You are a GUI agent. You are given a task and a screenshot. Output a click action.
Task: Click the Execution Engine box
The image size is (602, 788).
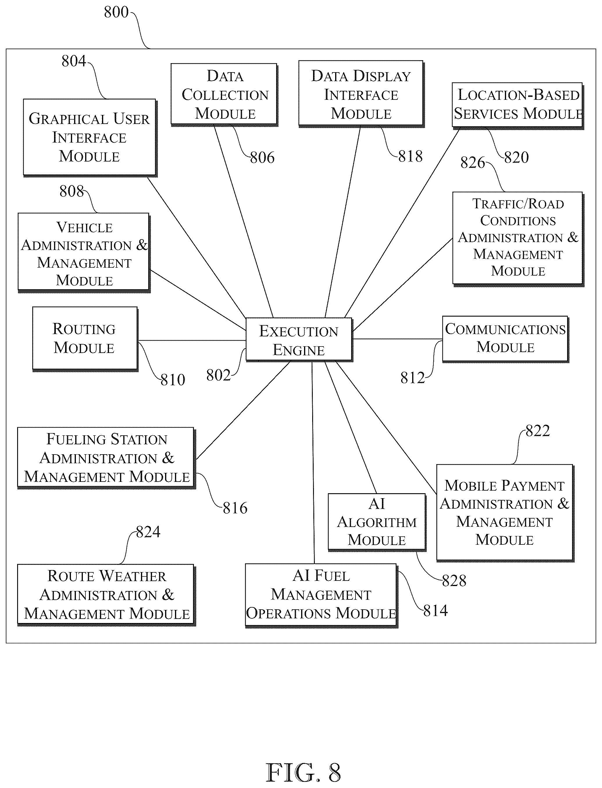click(x=299, y=339)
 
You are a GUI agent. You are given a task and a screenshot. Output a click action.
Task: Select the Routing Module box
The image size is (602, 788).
click(x=85, y=339)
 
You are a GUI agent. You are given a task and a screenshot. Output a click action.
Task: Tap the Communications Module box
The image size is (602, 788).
click(x=505, y=339)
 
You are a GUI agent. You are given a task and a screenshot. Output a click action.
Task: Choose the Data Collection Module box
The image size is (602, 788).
click(x=224, y=95)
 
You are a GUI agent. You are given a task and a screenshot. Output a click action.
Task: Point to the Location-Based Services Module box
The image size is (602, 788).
click(x=518, y=105)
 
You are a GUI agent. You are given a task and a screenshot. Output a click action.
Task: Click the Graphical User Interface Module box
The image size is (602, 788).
click(x=90, y=138)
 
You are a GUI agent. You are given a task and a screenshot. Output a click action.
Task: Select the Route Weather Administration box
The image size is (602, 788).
click(x=106, y=595)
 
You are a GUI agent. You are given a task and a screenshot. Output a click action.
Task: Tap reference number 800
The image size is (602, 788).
click(x=116, y=12)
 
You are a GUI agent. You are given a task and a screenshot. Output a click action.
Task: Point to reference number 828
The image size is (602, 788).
click(x=454, y=581)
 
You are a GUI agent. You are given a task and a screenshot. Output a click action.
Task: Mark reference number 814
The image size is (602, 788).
click(x=435, y=611)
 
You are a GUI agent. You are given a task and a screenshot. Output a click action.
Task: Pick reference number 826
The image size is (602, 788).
click(x=473, y=162)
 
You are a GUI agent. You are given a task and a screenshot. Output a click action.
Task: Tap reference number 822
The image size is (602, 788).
click(x=537, y=431)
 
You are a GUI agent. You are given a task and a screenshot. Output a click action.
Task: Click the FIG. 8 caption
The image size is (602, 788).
click(x=303, y=773)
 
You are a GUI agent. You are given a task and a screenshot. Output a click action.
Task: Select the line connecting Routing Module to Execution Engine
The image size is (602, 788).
click(x=192, y=340)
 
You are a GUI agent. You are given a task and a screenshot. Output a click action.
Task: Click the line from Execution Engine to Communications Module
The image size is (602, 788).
click(x=398, y=339)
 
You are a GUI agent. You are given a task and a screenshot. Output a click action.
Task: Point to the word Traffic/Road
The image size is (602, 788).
click(x=518, y=204)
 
